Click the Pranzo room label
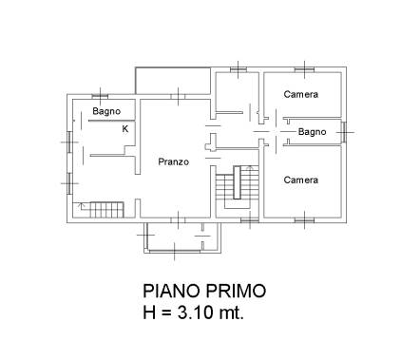[174, 161]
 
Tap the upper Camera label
[301, 94]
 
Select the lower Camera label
[301, 180]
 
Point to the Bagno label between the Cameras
[312, 132]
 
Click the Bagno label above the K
[106, 111]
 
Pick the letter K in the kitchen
[125, 129]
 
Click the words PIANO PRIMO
[204, 291]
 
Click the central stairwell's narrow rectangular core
[237, 182]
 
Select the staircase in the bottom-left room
[101, 210]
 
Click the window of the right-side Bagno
[344, 132]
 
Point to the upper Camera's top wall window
[305, 69]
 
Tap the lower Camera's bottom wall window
[305, 220]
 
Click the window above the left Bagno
[100, 96]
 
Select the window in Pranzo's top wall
[179, 96]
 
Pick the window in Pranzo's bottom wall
[179, 220]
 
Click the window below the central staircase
[250, 220]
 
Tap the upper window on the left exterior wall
[69, 142]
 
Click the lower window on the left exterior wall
[69, 183]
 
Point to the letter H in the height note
[149, 313]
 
